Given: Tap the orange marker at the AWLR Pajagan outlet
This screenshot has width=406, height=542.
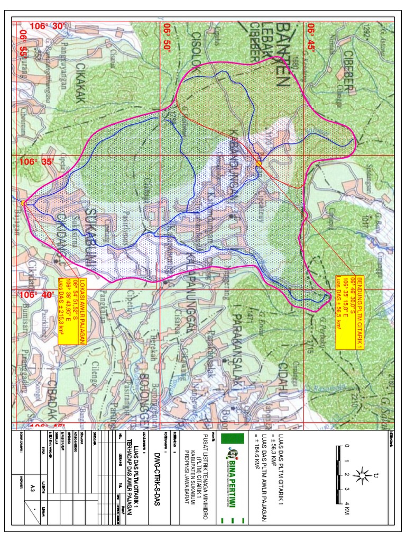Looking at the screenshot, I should pos(23,203).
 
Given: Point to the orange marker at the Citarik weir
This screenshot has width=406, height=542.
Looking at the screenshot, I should pos(259,164).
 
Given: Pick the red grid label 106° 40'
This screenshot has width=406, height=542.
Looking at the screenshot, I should pos(36,295).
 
